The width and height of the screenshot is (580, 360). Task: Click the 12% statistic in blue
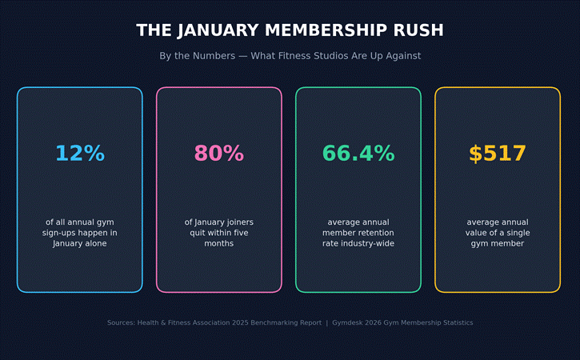[x=80, y=153]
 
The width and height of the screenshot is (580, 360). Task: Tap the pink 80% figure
[x=219, y=153]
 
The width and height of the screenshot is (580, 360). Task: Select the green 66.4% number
[x=358, y=153]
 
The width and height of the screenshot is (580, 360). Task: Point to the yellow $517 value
[x=498, y=153]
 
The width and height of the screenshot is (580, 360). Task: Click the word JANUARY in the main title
[x=218, y=30]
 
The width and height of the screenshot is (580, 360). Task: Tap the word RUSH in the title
[x=418, y=30]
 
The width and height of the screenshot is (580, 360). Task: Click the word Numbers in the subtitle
[x=214, y=56]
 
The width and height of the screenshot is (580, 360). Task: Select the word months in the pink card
[x=219, y=243]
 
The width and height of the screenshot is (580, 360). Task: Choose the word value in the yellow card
[x=475, y=233]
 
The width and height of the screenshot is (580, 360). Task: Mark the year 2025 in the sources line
[x=241, y=322]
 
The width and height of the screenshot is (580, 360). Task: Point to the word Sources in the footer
[x=122, y=322]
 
